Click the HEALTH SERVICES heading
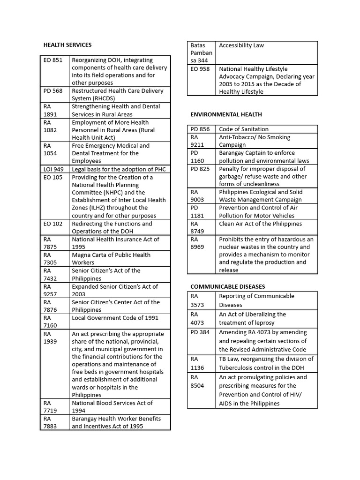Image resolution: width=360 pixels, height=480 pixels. (67, 45)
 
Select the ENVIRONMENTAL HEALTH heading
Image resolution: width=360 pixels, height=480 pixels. (226, 114)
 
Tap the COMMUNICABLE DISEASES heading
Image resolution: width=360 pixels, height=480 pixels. (227, 286)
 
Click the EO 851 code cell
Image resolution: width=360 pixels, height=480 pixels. (53, 60)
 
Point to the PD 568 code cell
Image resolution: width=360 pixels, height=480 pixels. (53, 91)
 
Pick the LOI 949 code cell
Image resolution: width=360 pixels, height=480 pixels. (53, 169)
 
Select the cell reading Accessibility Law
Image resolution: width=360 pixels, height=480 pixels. (241, 45)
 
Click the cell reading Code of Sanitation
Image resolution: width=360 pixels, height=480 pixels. (243, 129)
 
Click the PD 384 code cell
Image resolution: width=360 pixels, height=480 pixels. (200, 332)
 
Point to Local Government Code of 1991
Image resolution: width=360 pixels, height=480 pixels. (115, 318)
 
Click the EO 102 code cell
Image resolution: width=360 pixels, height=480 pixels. (53, 224)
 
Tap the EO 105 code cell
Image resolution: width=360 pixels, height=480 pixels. (53, 177)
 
